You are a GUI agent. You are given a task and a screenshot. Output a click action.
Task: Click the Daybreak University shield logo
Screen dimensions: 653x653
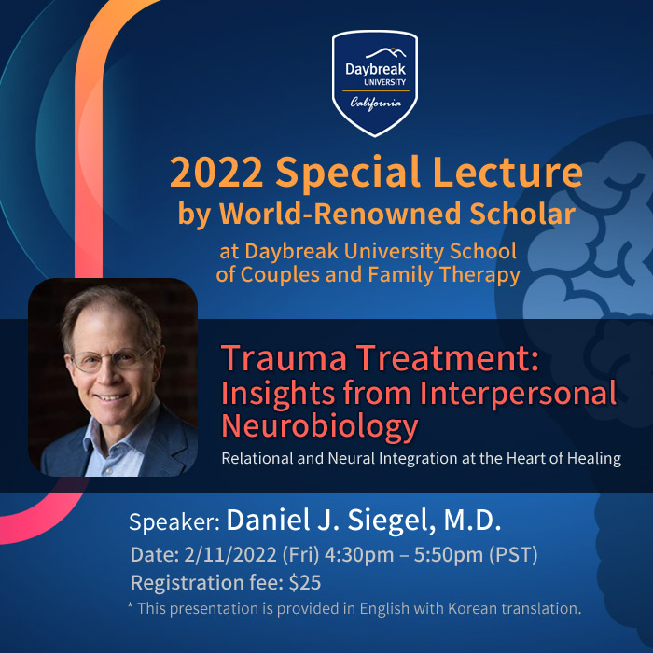pos(375,83)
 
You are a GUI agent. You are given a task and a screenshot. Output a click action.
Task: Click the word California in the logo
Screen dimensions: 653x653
pos(376,103)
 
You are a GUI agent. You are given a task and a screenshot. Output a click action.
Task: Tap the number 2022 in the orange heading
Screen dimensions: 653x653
pos(216,172)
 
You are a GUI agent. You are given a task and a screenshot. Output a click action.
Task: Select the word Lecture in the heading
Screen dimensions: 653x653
pos(507,172)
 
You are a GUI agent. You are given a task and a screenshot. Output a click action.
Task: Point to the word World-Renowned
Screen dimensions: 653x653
pos(340,214)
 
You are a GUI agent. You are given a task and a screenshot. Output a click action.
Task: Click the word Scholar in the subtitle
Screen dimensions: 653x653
pos(522,214)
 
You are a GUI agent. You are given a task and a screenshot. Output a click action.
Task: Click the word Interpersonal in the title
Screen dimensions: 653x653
pos(518,394)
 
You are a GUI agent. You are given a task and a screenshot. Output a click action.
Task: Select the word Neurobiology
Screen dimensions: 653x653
pos(319,426)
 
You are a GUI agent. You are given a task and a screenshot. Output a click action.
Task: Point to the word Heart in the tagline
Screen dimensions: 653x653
pos(525,458)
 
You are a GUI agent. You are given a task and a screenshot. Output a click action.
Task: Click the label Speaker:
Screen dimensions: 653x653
pos(174,522)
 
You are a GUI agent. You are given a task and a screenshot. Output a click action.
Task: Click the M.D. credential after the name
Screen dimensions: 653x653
pos(472,520)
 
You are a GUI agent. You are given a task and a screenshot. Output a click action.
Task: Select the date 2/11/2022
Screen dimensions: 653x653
pos(230,555)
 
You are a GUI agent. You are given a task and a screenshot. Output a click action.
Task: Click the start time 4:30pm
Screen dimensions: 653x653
pos(359,555)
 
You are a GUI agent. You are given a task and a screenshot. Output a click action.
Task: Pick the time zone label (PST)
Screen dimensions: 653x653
pos(513,555)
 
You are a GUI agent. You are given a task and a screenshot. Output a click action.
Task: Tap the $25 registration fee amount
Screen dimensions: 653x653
pos(305,582)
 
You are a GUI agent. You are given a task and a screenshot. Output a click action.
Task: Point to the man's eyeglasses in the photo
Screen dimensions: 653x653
pos(112,360)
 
